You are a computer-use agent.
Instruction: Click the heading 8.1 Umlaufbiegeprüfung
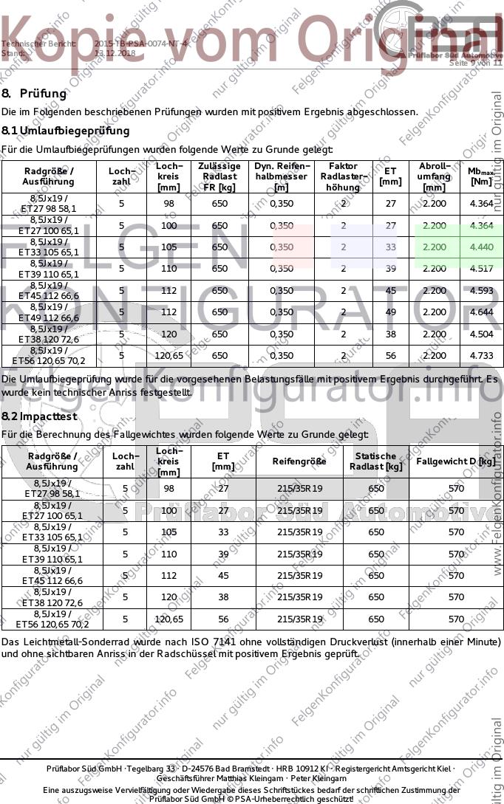click(x=66, y=131)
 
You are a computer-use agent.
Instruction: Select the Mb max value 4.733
click(x=481, y=356)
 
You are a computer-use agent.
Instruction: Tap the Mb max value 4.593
click(x=481, y=290)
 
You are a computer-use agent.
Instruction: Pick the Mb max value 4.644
click(x=481, y=312)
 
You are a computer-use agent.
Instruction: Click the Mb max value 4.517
click(x=481, y=269)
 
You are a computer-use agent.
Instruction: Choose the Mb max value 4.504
click(x=481, y=334)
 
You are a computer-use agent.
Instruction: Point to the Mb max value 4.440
click(x=481, y=247)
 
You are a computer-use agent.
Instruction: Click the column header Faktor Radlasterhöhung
click(x=343, y=176)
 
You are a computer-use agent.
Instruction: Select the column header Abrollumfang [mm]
click(x=434, y=176)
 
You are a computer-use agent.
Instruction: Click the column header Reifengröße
click(x=299, y=461)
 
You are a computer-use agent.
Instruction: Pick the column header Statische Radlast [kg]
click(x=375, y=461)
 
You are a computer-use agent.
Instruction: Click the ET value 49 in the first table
click(x=390, y=312)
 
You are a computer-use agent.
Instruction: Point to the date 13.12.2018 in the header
click(x=115, y=53)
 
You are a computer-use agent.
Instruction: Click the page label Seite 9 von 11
click(x=475, y=63)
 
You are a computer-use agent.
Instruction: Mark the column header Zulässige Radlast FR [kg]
click(x=219, y=176)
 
